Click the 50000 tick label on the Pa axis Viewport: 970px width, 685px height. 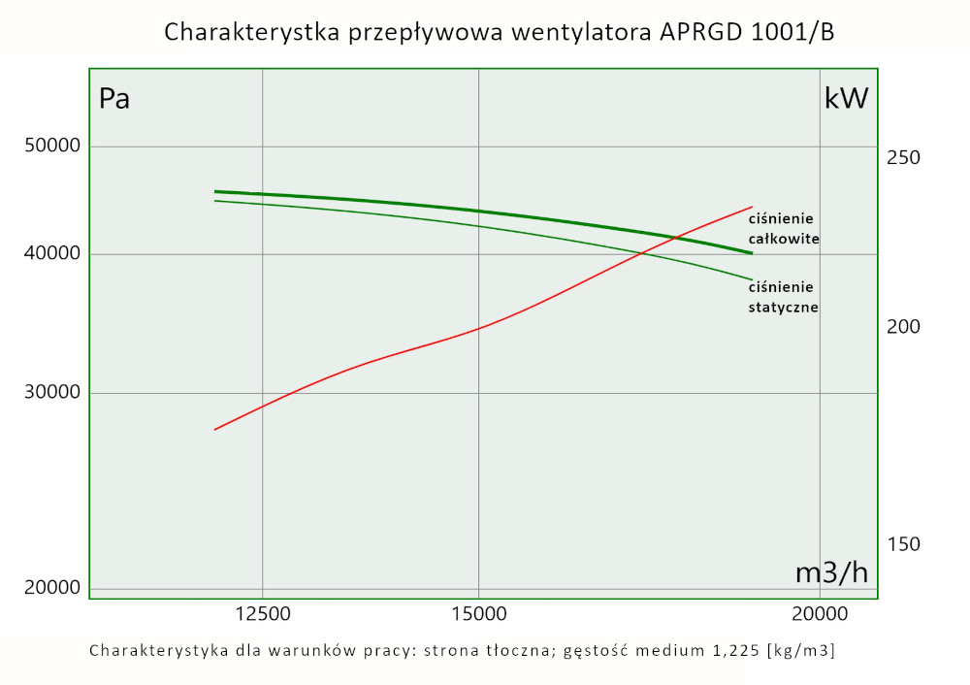[51, 147]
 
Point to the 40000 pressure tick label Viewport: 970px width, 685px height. [51, 254]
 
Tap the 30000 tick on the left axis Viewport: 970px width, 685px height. [51, 393]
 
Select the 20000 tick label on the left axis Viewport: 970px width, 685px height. [51, 588]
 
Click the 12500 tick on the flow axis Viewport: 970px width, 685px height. [263, 613]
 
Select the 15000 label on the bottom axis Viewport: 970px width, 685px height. [479, 613]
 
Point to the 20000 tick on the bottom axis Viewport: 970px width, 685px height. [821, 613]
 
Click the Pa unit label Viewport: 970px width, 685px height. [114, 99]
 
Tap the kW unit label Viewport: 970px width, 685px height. [846, 98]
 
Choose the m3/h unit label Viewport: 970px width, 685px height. [831, 572]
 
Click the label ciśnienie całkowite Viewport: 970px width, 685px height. [784, 228]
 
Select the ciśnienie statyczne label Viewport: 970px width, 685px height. [784, 297]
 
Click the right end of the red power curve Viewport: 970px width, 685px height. [752, 207]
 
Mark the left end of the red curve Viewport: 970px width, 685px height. [215, 429]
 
